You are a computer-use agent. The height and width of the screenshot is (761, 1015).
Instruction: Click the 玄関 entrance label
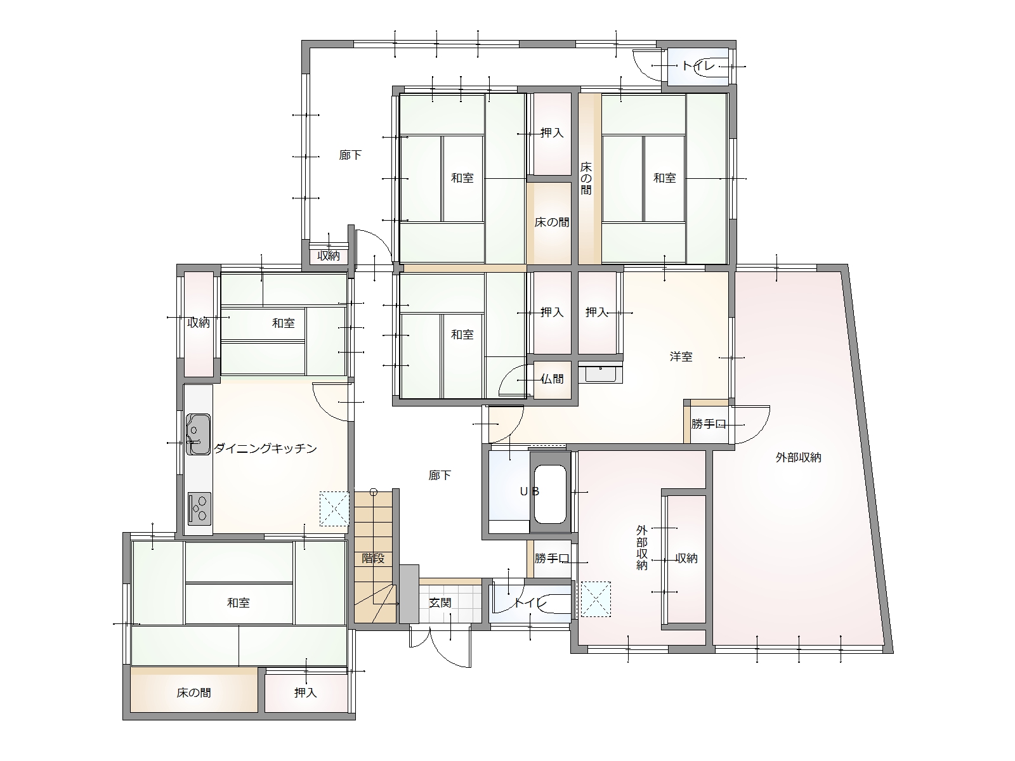click(x=440, y=602)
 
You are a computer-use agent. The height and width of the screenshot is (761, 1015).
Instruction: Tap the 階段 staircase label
click(x=373, y=558)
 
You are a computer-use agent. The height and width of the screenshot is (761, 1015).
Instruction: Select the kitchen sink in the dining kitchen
click(x=198, y=434)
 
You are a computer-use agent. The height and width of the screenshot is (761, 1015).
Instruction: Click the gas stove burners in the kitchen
click(x=199, y=509)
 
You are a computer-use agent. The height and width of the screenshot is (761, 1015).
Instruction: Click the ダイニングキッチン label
click(x=265, y=448)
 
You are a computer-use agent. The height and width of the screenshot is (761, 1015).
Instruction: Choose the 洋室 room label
click(x=681, y=356)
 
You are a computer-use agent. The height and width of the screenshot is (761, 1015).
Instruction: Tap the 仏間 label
click(x=552, y=379)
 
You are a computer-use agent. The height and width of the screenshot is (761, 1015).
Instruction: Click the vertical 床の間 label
click(x=586, y=178)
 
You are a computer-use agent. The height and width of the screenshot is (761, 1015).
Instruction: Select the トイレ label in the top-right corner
click(x=698, y=65)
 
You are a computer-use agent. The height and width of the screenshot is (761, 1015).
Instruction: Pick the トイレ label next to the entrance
click(x=530, y=602)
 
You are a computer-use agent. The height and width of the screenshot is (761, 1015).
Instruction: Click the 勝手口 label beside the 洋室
click(x=709, y=424)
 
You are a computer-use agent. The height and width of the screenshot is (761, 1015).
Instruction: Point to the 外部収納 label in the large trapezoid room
click(x=799, y=457)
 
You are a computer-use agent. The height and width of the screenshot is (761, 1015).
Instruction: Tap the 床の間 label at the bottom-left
click(x=193, y=693)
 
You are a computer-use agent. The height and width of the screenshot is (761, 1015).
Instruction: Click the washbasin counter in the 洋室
click(x=600, y=374)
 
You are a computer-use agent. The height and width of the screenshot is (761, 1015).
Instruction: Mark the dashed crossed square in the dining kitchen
click(x=334, y=509)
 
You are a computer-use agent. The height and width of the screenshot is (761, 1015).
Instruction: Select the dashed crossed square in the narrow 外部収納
click(x=596, y=599)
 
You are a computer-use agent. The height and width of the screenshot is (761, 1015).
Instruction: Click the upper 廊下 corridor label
click(x=351, y=155)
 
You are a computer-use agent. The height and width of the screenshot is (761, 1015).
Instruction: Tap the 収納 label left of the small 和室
click(x=199, y=323)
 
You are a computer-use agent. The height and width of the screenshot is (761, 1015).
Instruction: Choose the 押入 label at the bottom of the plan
click(x=306, y=693)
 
